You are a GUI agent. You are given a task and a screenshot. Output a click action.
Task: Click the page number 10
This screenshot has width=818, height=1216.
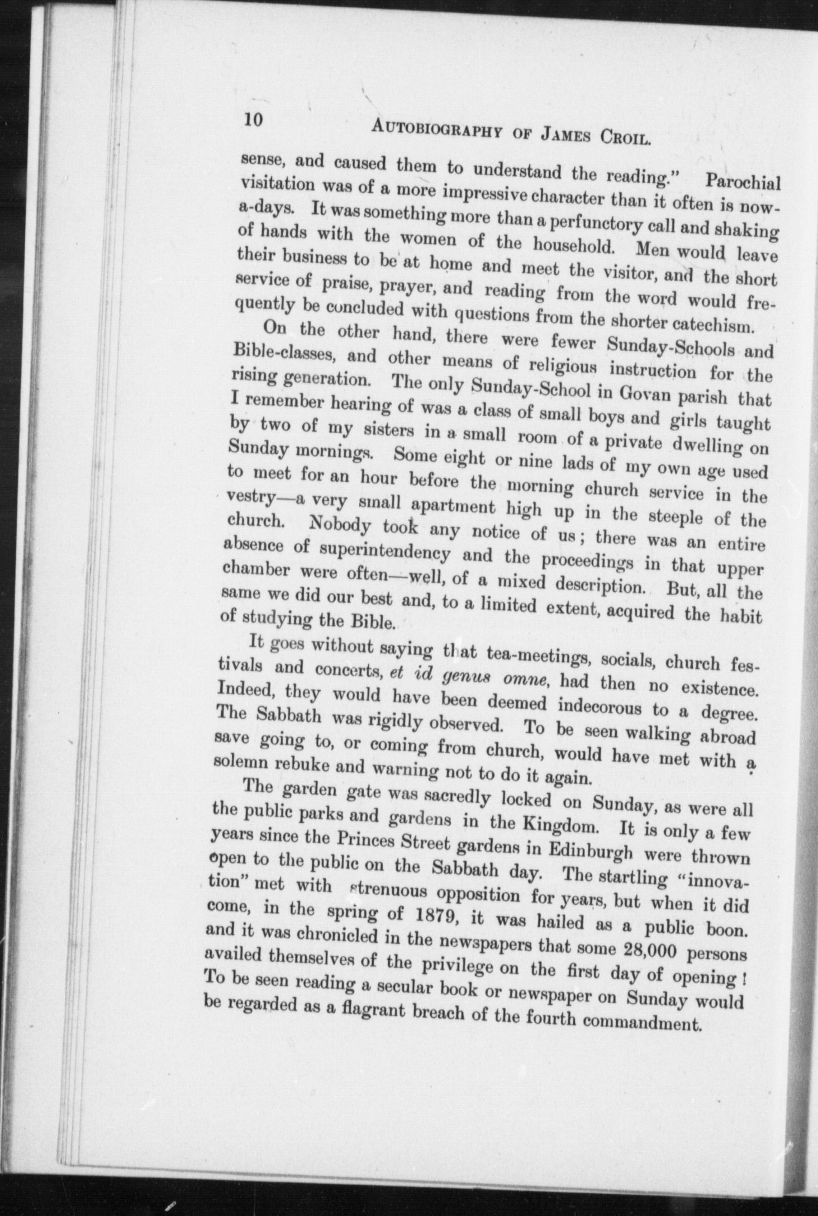(x=253, y=122)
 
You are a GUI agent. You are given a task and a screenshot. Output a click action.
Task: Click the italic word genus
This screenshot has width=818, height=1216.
(x=463, y=677)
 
